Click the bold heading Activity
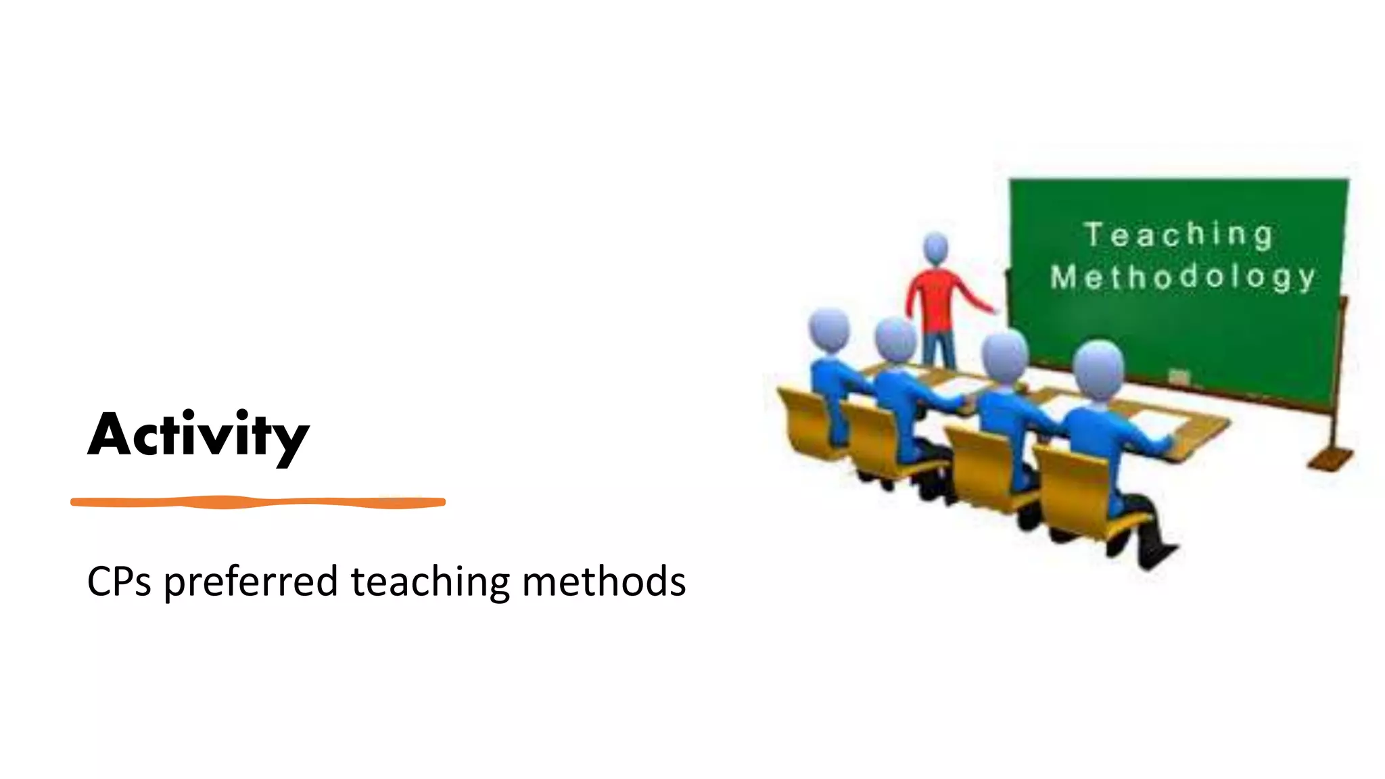pos(198,435)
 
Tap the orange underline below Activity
pos(258,502)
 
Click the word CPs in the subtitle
pos(119,582)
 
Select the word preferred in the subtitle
pos(251,582)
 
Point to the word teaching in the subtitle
pos(430,582)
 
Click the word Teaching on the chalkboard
pos(1179,235)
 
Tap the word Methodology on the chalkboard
pos(1183,277)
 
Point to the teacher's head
pos(936,247)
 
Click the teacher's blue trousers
pos(939,348)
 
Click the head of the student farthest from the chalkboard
pos(829,329)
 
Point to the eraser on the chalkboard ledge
pos(1179,377)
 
